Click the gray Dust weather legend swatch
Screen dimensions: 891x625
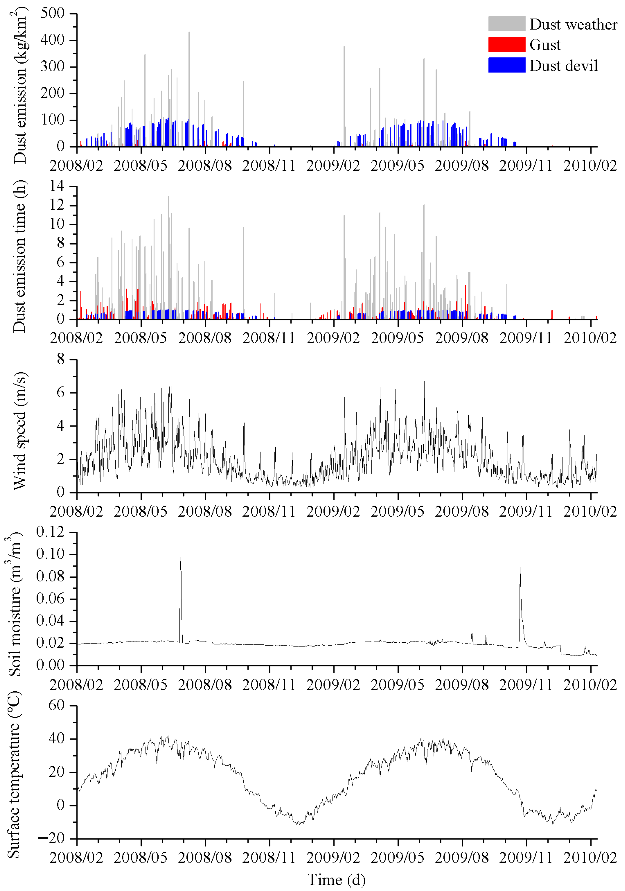click(x=506, y=24)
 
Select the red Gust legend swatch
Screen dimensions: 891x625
click(x=506, y=45)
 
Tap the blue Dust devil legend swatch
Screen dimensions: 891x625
click(x=506, y=65)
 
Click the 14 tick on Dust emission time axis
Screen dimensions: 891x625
click(x=56, y=186)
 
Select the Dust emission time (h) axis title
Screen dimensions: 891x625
click(x=19, y=256)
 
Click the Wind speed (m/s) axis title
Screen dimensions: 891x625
click(x=19, y=431)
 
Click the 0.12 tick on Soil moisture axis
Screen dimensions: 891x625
click(x=51, y=532)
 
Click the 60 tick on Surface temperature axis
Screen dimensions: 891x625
click(x=56, y=706)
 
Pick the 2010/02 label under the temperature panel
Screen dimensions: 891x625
click(x=590, y=858)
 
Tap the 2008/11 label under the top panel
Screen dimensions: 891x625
click(x=269, y=166)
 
